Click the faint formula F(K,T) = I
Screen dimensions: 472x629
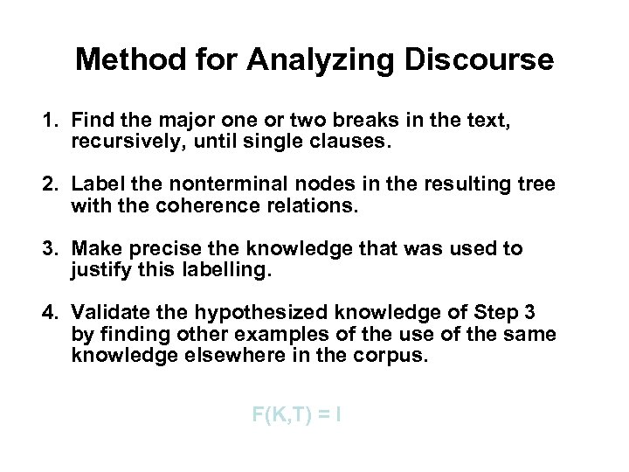pyautogui.click(x=295, y=415)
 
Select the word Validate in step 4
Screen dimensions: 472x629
pyautogui.click(x=107, y=313)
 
